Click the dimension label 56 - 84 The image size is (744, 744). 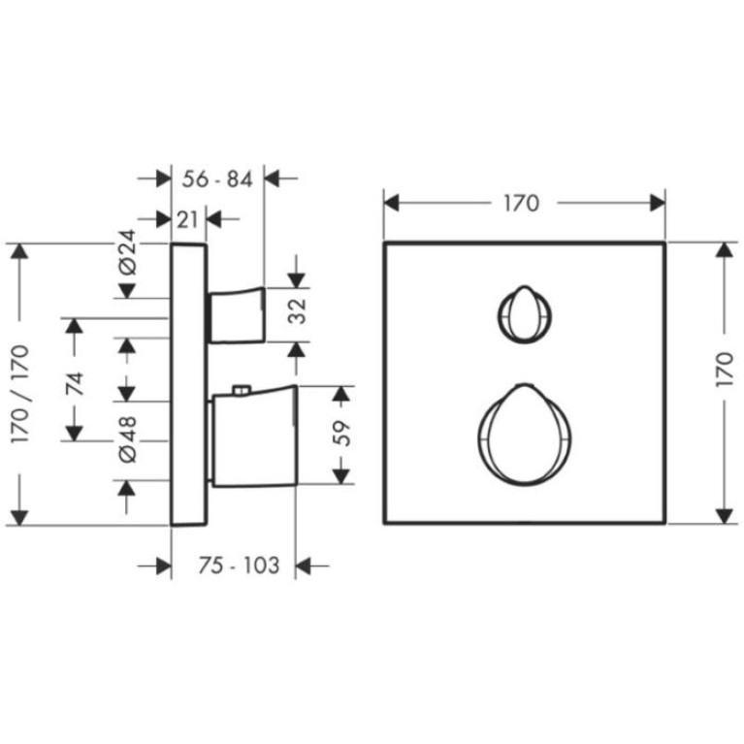(217, 179)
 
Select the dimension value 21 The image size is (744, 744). (187, 219)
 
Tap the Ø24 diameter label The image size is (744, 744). (127, 252)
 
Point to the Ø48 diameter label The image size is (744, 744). (127, 438)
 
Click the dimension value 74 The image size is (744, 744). (75, 384)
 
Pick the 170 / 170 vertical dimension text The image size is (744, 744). (20, 395)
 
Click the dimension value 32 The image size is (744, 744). (298, 311)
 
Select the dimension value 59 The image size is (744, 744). (341, 434)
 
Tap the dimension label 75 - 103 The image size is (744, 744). (239, 566)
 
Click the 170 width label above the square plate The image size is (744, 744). (521, 203)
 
